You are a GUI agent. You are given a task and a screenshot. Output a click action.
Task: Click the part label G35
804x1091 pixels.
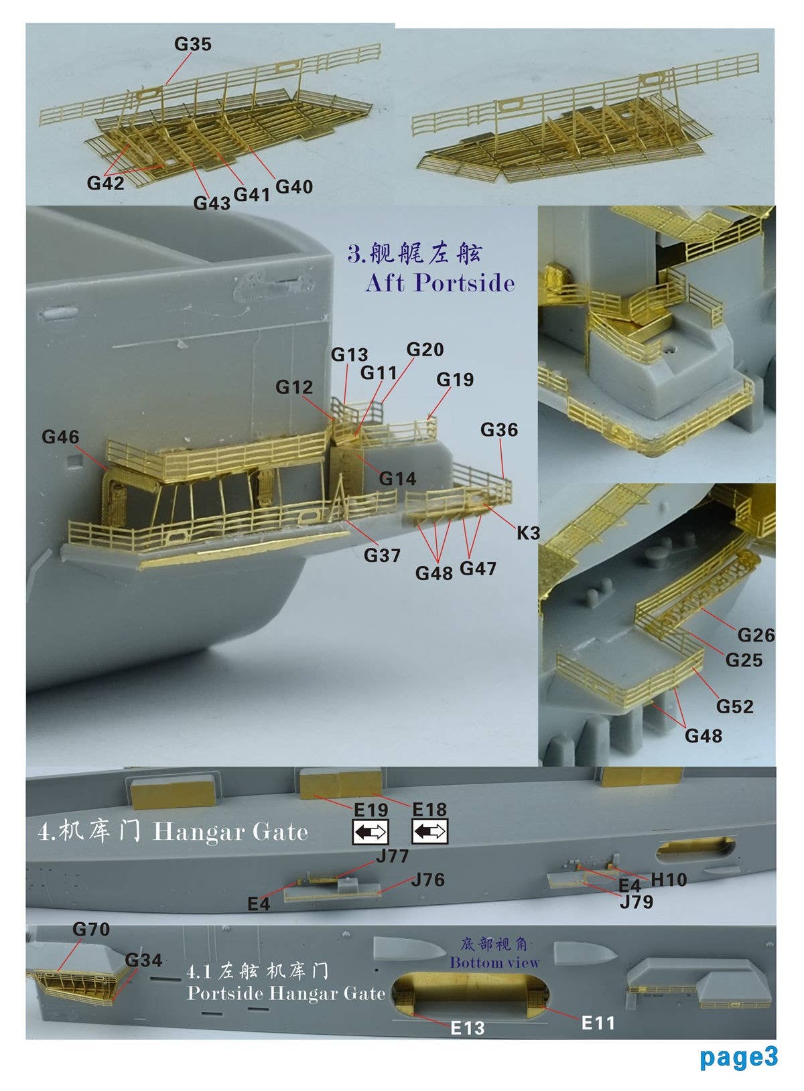pyautogui.click(x=192, y=44)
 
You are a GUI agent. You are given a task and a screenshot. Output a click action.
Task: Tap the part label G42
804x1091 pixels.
pyautogui.click(x=105, y=182)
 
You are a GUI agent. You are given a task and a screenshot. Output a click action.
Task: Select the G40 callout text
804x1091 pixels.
pyautogui.click(x=294, y=187)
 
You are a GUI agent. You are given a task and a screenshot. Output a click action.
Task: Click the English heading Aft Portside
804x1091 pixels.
pyautogui.click(x=440, y=283)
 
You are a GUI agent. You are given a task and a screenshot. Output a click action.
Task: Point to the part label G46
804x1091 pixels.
pyautogui.click(x=60, y=437)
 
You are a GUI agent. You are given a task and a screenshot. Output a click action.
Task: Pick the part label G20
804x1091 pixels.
pyautogui.click(x=425, y=350)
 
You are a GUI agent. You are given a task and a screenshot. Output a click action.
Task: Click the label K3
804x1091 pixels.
pyautogui.click(x=528, y=533)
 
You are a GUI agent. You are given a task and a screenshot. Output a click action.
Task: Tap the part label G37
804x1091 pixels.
pyautogui.click(x=382, y=555)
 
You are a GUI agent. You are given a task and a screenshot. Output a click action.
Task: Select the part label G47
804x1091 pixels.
pyautogui.click(x=478, y=569)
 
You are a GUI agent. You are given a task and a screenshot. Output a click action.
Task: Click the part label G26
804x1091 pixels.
pyautogui.click(x=756, y=635)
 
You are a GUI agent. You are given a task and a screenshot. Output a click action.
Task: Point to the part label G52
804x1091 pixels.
pyautogui.click(x=734, y=707)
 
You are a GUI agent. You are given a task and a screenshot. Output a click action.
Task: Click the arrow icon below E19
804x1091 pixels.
pyautogui.click(x=371, y=832)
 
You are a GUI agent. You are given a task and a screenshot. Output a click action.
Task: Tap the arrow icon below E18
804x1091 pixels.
pyautogui.click(x=429, y=832)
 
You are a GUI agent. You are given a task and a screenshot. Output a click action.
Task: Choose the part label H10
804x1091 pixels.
pyautogui.click(x=669, y=879)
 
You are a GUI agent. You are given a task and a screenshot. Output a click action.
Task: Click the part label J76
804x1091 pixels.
pyautogui.click(x=427, y=879)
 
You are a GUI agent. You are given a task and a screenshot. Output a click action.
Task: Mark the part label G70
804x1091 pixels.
pyautogui.click(x=90, y=929)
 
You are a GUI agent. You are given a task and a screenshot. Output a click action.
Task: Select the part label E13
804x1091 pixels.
pyautogui.click(x=467, y=1028)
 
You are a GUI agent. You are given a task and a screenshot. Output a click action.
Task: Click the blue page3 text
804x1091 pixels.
pyautogui.click(x=738, y=1057)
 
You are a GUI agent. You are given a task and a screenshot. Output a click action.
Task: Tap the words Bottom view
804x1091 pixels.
pyautogui.click(x=494, y=962)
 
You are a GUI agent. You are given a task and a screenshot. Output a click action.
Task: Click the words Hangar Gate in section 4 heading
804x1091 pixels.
pyautogui.click(x=230, y=832)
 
